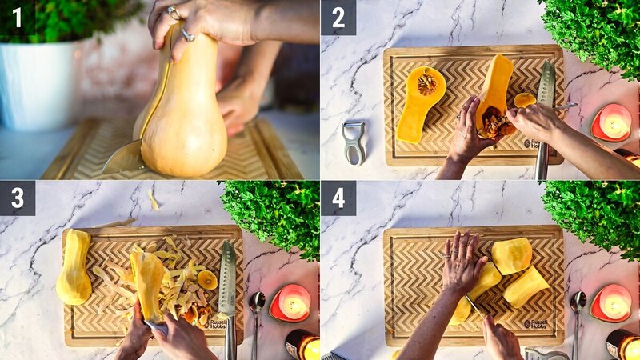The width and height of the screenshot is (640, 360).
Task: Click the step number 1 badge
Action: pos(17,16)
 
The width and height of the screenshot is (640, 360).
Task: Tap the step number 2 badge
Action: pos(338,17)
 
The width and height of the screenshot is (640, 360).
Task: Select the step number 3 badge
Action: pos(17,198)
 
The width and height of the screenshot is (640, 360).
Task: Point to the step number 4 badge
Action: pos(338,198)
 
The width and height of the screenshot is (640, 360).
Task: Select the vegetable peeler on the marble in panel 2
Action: pos(353,142)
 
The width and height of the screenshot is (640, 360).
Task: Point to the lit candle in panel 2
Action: pos(612,124)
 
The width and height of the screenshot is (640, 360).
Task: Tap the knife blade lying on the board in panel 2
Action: pos(546,88)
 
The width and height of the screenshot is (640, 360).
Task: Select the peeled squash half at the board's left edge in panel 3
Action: pos(73,267)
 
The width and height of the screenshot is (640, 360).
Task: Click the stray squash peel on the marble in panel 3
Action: pos(153,200)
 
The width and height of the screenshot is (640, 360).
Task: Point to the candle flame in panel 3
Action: pos(294,303)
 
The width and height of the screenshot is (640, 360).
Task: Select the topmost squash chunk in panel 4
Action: pos(511,255)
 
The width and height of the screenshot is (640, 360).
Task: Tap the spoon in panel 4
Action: pos(577,308)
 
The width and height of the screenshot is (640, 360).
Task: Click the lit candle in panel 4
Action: pos(614,304)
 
